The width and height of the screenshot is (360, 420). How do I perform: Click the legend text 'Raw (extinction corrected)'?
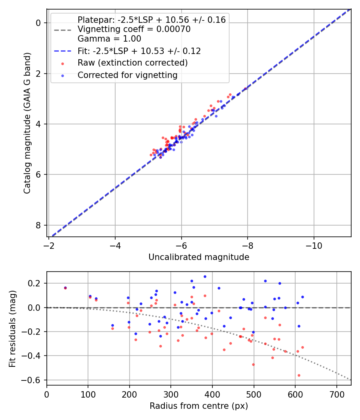[132, 63]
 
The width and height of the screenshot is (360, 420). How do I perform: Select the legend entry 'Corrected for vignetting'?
[127, 75]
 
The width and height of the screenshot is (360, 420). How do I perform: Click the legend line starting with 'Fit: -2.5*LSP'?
[139, 51]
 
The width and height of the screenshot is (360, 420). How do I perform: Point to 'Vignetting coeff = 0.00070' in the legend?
[134, 29]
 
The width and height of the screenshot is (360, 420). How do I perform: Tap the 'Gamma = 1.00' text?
[109, 39]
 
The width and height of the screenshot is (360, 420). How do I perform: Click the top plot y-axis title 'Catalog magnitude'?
[27, 122]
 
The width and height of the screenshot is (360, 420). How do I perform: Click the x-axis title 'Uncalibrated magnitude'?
[199, 257]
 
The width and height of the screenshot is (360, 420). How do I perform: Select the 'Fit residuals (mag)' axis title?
[13, 328]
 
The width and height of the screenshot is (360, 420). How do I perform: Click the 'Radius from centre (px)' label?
[199, 406]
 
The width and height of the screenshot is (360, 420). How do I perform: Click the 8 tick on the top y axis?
[38, 225]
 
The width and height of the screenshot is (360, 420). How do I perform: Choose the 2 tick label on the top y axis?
[38, 74]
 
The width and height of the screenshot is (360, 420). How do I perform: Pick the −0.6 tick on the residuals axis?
[34, 380]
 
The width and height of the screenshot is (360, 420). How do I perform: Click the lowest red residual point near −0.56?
[299, 375]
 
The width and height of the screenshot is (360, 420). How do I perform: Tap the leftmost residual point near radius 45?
[65, 288]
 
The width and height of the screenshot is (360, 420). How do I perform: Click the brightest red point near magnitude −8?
[246, 88]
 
